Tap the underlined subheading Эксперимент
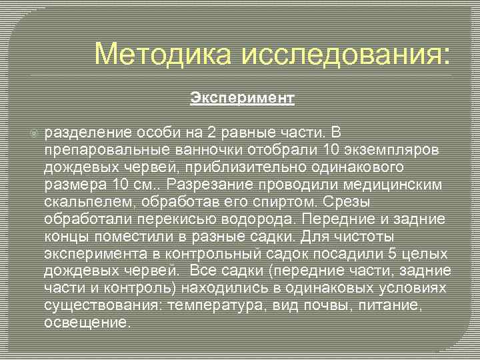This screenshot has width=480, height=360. pos(241,99)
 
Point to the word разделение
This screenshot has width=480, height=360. pos(85,133)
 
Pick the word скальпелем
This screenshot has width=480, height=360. pos(85,201)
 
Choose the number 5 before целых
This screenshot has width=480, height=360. pos(394,253)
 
